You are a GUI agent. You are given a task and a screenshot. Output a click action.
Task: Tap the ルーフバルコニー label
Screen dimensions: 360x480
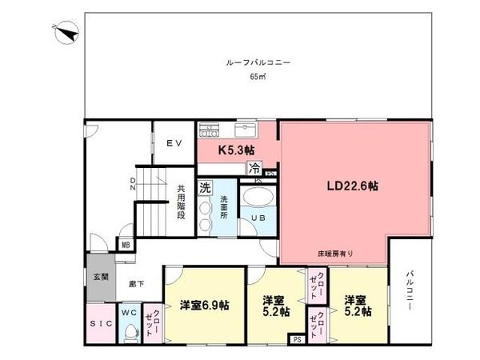pos(257,62)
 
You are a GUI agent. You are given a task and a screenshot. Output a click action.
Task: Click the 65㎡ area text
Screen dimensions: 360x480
pos(257,78)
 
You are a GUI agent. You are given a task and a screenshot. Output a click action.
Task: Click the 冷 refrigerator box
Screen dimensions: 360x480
pos(254,168)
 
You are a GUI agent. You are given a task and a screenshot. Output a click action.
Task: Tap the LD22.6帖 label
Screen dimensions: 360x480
pos(353,186)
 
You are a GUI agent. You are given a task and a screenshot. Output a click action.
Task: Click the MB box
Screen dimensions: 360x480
pos(126,245)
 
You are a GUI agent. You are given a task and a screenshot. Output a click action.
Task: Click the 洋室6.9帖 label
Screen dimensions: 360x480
pos(204,305)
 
